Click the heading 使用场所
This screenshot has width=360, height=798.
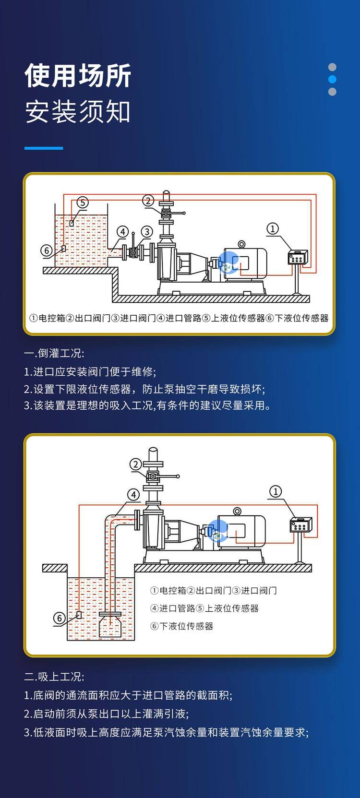coord(78,76)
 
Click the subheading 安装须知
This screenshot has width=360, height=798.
coord(78,112)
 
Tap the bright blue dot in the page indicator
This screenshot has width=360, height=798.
coord(332,79)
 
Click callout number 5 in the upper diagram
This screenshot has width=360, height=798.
coord(83,202)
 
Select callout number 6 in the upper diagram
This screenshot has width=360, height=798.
coord(47,250)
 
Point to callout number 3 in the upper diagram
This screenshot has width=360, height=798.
coord(146,232)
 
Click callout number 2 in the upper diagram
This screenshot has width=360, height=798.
coord(148,201)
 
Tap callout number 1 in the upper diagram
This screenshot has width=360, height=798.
coord(273,228)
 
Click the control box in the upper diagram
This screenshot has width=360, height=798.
coord(298,258)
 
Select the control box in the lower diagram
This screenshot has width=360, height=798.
coord(301,525)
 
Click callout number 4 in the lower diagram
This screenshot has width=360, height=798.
coord(133,495)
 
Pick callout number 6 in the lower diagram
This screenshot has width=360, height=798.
coord(60,618)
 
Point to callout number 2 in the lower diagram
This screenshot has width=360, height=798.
coord(136,464)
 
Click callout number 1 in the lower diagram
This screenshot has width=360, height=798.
coord(276,491)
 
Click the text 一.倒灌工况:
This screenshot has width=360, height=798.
coord(54,354)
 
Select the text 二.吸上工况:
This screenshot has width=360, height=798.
coord(54,677)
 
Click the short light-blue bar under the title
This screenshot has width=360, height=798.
coord(44,148)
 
